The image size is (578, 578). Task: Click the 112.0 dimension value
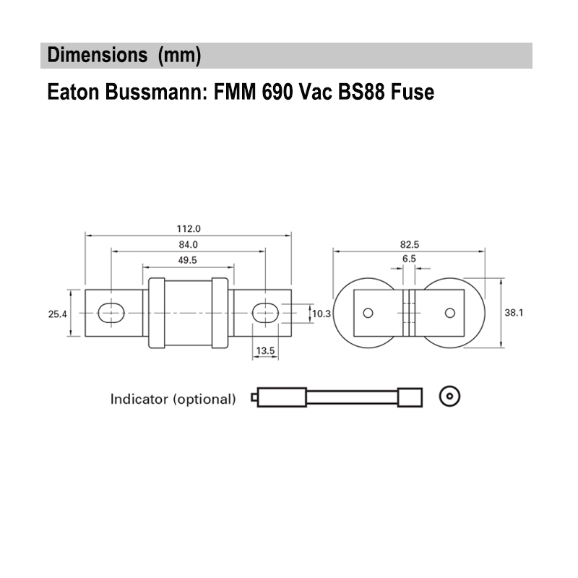(187, 228)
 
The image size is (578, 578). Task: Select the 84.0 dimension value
(187, 244)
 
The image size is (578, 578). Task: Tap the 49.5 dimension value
(187, 260)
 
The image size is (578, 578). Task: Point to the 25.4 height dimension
(58, 314)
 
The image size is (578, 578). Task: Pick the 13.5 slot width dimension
(265, 350)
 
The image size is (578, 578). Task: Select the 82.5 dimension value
(408, 244)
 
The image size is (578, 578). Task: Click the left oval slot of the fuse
(111, 312)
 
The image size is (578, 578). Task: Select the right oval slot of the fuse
(264, 312)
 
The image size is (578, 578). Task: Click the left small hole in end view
(368, 313)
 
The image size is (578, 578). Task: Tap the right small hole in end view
(450, 313)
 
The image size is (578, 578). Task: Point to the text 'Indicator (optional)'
(173, 399)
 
